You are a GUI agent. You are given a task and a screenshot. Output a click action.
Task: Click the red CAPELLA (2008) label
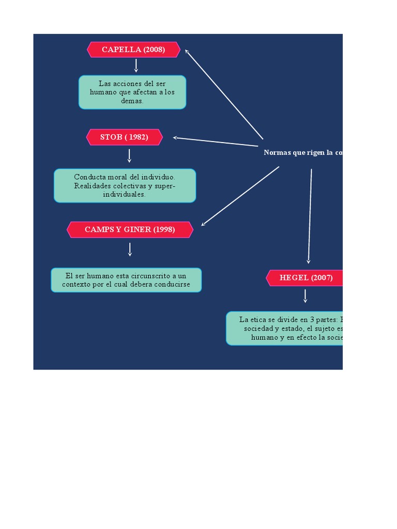(133, 50)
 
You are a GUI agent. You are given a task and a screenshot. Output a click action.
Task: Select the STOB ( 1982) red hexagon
(124, 137)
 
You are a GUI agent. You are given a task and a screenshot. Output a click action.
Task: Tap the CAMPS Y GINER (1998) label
(130, 229)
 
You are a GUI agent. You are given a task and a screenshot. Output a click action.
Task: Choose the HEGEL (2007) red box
(305, 277)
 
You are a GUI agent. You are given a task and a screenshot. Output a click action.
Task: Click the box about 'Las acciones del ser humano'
(132, 92)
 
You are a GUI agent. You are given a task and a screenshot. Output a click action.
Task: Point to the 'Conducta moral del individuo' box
(125, 185)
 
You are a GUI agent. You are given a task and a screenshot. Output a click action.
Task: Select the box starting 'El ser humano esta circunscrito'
(126, 280)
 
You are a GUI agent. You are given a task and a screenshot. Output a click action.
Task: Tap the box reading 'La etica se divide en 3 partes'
(285, 328)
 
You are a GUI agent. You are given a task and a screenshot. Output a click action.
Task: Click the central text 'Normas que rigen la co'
(303, 152)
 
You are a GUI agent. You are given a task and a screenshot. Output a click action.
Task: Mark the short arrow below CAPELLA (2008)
(136, 66)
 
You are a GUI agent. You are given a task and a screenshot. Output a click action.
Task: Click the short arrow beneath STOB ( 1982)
(129, 155)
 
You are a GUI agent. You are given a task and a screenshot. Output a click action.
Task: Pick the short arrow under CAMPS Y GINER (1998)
(130, 250)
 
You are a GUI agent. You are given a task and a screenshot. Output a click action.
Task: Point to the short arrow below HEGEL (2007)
(306, 296)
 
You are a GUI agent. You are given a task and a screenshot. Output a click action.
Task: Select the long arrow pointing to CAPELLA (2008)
(224, 94)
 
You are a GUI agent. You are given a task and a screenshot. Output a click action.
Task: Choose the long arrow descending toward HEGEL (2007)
(310, 216)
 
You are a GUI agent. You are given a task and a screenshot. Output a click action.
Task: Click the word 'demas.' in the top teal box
(132, 101)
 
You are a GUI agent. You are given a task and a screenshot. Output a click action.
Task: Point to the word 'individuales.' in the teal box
(124, 195)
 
